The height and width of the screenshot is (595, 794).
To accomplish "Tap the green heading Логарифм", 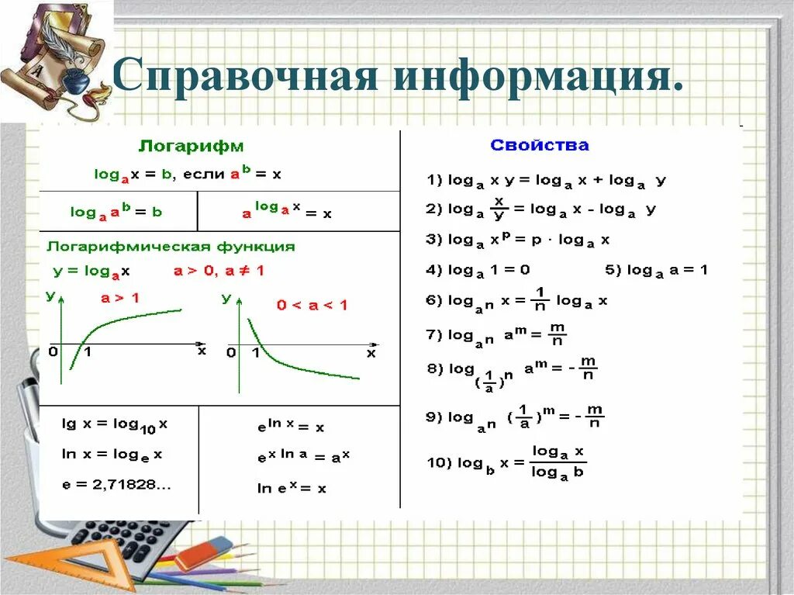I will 191,146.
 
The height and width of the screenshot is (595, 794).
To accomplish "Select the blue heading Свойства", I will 540,145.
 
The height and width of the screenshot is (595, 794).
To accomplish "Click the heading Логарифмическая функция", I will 171,247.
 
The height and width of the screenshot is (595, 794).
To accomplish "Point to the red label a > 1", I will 120,297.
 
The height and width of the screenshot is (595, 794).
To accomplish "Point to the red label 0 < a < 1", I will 312,305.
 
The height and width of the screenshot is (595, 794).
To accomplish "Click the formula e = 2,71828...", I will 116,485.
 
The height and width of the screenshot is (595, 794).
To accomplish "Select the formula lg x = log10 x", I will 115,424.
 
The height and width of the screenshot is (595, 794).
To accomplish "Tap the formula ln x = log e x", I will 112,455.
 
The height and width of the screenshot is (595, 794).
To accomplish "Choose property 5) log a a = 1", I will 656,270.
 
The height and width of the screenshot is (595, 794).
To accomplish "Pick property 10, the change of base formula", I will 506,462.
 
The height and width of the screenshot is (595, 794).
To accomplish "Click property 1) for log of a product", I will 546,180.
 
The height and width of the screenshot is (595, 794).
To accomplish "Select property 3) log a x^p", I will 517,240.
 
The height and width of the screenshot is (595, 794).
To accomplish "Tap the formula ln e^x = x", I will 292,488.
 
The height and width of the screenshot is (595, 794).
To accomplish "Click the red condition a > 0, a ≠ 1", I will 218,272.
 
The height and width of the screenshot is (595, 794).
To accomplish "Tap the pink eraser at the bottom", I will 203,553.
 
